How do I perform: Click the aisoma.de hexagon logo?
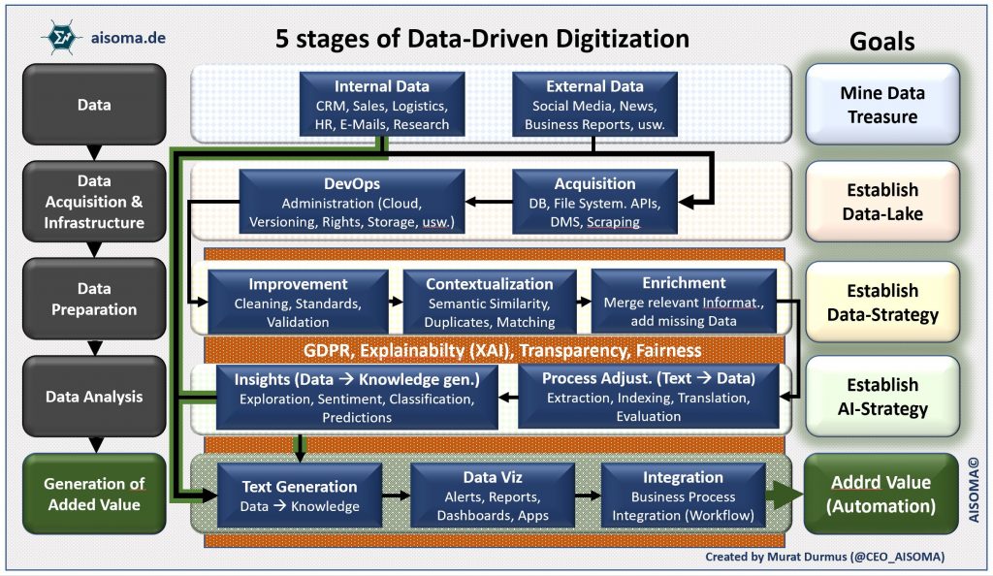pyautogui.click(x=59, y=37)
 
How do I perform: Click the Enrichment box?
pyautogui.click(x=683, y=302)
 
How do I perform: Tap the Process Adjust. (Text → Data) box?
pyautogui.click(x=649, y=396)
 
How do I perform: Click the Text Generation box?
pyautogui.click(x=299, y=495)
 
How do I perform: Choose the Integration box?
pyautogui.click(x=683, y=495)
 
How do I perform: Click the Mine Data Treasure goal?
pyautogui.click(x=881, y=105)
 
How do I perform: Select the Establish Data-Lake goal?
pyautogui.click(x=881, y=202)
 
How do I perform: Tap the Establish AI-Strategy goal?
pyautogui.click(x=881, y=397)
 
